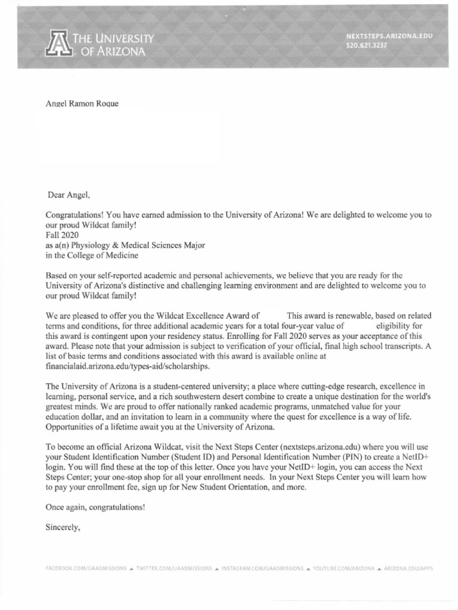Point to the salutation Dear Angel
pos(69,194)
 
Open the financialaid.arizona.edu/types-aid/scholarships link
pos(128,366)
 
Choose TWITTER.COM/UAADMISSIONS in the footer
pos(174,569)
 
